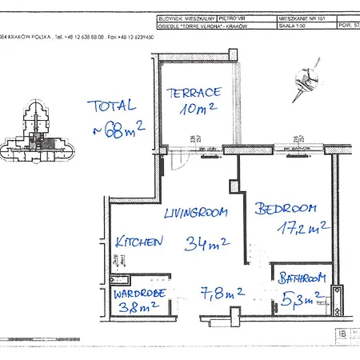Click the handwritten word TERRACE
(x=192, y=93)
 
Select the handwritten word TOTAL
(x=112, y=106)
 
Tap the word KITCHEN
(x=139, y=241)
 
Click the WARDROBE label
(x=140, y=291)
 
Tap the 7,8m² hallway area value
(x=222, y=294)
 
